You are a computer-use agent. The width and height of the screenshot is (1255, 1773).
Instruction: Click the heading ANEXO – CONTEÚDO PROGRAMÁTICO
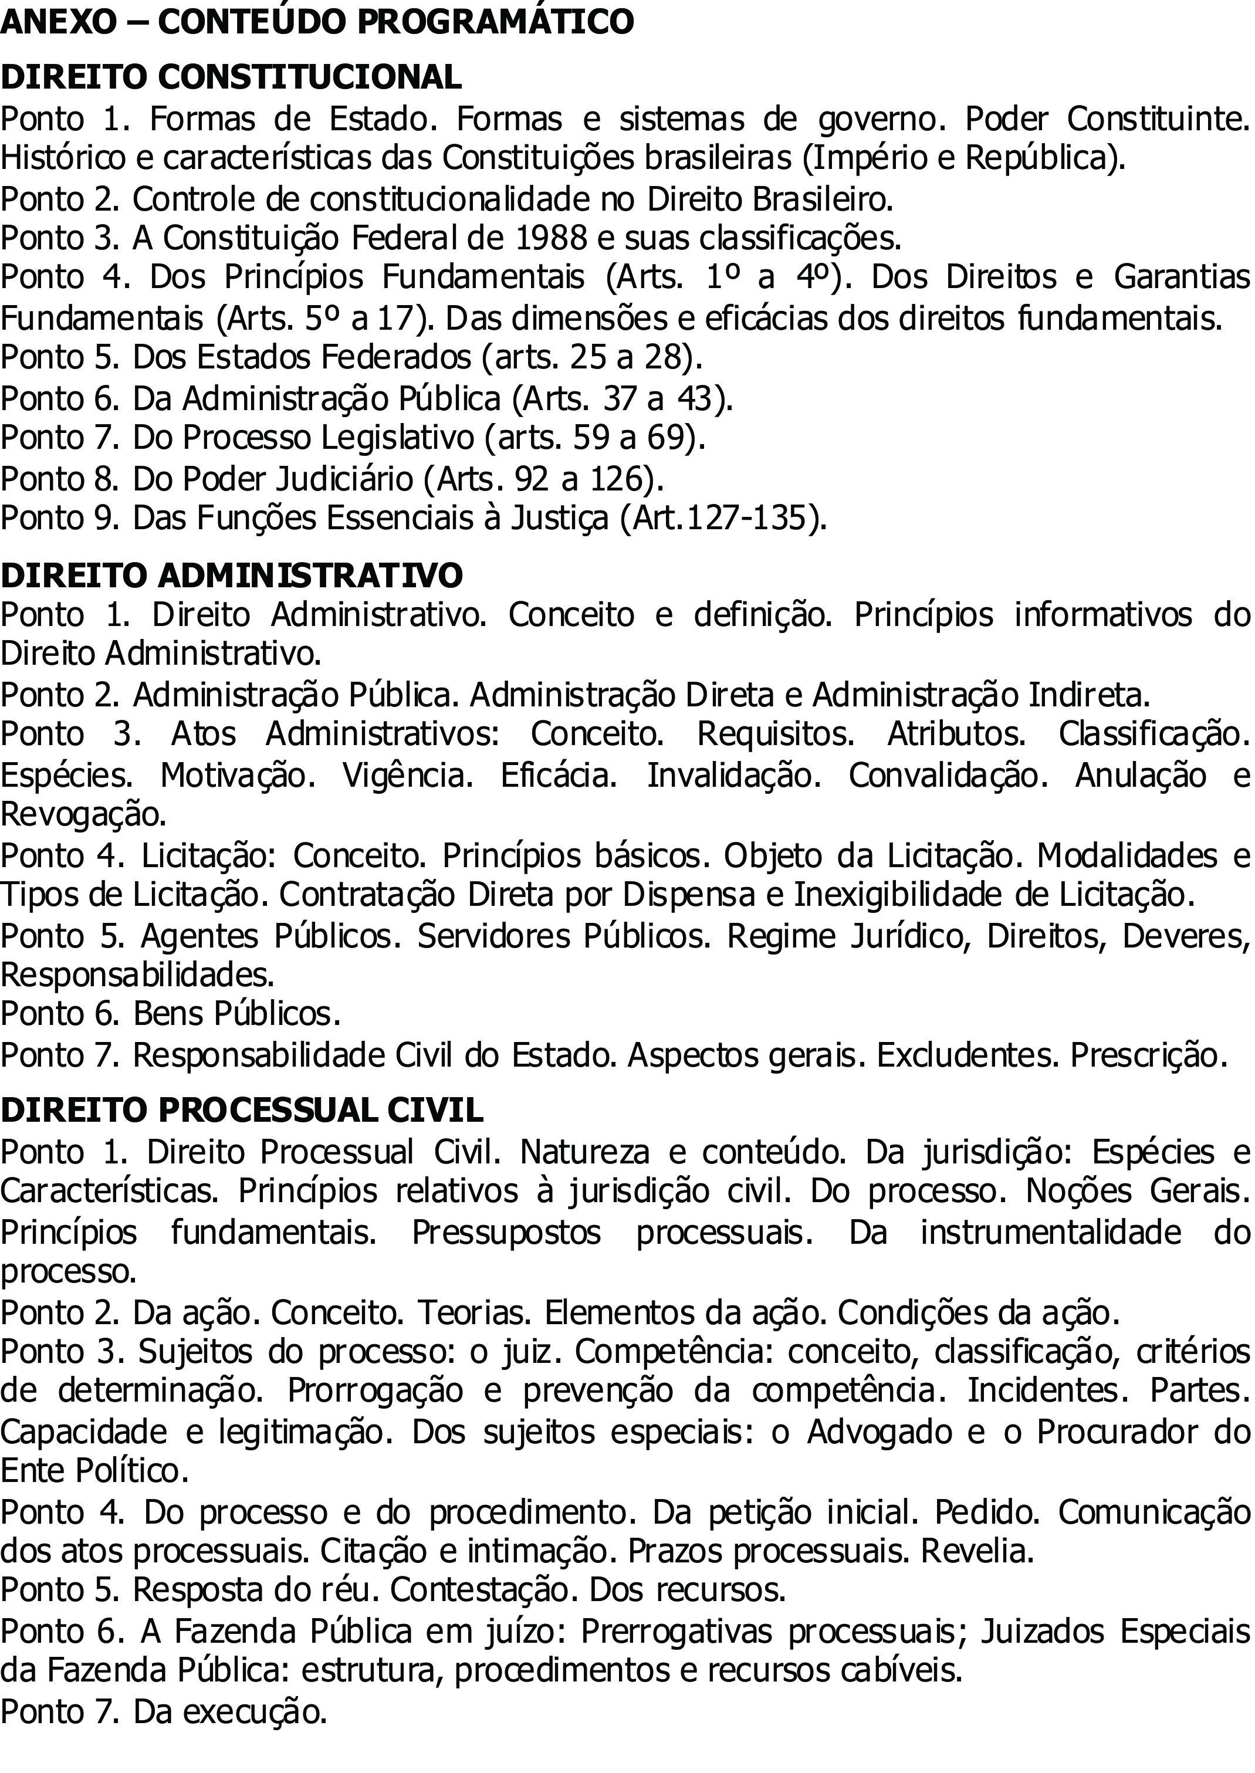[317, 22]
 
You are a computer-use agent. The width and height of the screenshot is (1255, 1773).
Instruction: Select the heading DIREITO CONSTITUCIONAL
[231, 77]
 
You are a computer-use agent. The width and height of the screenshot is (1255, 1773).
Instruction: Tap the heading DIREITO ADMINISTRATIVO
[232, 576]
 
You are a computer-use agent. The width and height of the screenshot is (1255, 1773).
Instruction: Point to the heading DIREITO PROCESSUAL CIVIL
[242, 1110]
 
